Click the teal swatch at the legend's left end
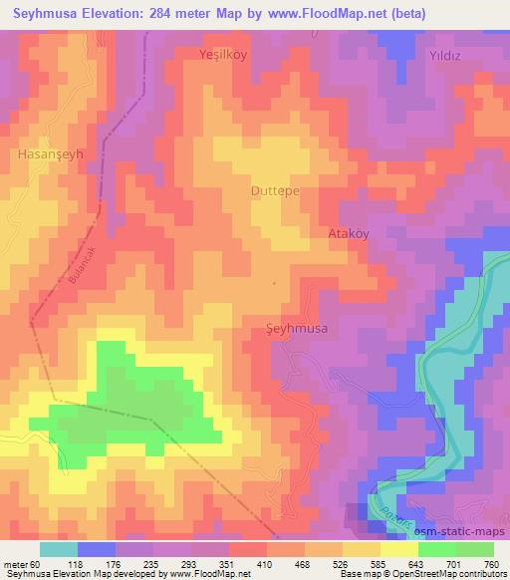(59, 549)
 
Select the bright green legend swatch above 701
(437, 549)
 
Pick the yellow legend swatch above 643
(399, 549)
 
